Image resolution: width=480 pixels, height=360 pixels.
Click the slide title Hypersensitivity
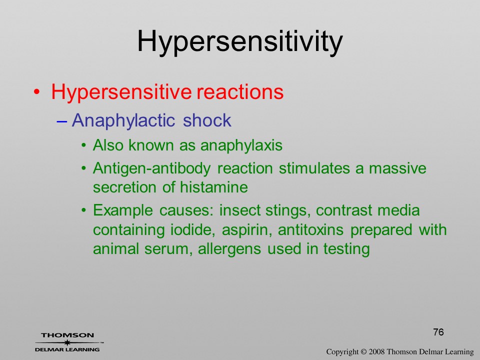(239, 42)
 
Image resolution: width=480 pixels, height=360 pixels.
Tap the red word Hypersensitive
(121, 92)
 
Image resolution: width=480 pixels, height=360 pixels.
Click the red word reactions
(240, 91)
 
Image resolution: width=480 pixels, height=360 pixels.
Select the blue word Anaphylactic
(123, 121)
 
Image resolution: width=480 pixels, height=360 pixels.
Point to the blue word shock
(207, 120)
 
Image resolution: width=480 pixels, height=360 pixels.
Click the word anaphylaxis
(241, 145)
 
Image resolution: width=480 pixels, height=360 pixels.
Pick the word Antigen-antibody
(152, 169)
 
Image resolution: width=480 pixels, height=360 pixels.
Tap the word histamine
(213, 187)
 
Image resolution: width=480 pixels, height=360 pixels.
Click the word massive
(397, 168)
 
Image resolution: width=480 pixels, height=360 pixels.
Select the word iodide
(192, 229)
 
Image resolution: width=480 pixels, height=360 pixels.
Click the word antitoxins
(310, 229)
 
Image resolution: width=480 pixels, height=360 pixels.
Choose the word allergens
(229, 249)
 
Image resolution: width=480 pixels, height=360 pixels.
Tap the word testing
(346, 248)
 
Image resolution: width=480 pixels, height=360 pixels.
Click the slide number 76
(438, 332)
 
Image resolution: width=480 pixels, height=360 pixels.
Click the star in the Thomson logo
(67, 342)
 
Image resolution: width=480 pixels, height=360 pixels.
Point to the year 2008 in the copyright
(377, 352)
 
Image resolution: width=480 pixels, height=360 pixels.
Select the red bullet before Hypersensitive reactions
(36, 92)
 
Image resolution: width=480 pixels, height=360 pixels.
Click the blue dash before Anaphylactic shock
(61, 121)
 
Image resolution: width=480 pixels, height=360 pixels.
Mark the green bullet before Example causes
(84, 210)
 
